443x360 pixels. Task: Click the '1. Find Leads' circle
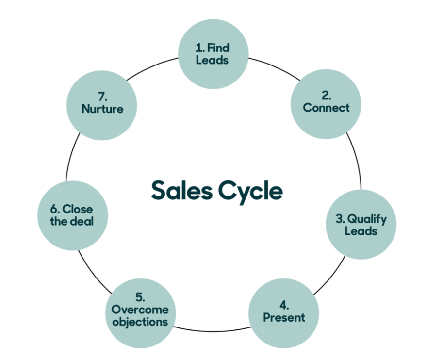tap(213, 54)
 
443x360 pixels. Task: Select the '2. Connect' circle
tap(326, 101)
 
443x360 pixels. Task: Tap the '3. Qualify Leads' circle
tap(361, 225)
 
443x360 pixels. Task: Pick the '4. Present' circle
tap(284, 311)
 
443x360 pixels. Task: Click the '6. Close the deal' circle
tap(72, 216)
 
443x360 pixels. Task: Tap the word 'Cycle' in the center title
tap(250, 191)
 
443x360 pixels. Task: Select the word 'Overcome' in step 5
tap(140, 310)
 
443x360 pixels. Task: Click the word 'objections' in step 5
tap(140, 321)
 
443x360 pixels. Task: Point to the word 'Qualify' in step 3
tap(367, 219)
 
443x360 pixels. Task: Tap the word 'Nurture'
tap(102, 109)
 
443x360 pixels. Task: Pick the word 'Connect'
tap(326, 107)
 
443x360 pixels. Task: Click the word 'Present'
tap(284, 317)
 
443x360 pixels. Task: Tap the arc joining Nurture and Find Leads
tap(155, 68)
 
